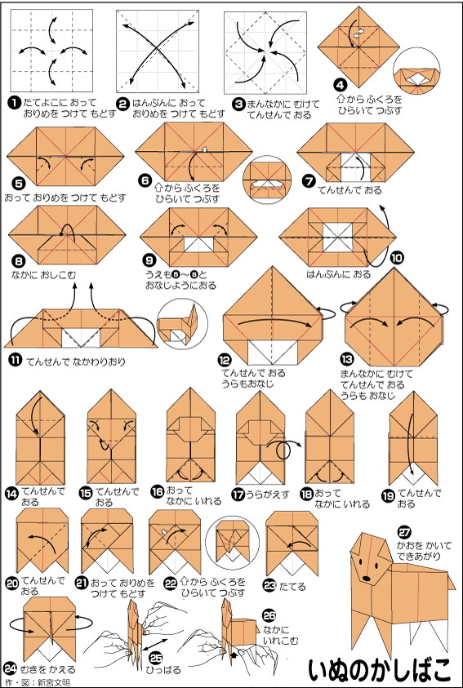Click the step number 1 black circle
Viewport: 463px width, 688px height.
(15, 104)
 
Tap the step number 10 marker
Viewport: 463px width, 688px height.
(397, 258)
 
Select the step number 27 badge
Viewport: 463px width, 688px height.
(404, 532)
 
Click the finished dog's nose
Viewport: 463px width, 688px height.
(366, 579)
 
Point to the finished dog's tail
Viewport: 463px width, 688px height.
(451, 580)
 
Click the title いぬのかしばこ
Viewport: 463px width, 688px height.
(379, 668)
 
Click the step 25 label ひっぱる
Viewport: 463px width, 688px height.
(163, 670)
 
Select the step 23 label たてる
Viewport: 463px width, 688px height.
(293, 587)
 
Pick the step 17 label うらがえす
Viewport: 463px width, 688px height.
(267, 494)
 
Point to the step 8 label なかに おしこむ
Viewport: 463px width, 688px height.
(43, 275)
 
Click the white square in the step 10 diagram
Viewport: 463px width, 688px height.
(337, 237)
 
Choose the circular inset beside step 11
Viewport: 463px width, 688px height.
(182, 324)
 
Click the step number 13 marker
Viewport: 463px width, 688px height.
(346, 361)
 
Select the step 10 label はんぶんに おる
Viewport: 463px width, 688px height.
(338, 274)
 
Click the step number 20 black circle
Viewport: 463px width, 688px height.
(11, 584)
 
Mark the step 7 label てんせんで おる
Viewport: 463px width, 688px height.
(349, 190)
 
